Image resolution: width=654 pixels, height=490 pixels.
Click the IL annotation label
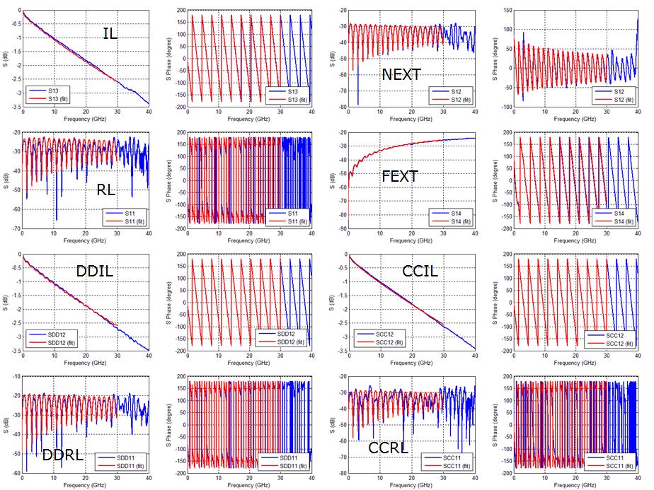(110, 33)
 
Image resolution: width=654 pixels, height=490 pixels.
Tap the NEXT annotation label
(401, 75)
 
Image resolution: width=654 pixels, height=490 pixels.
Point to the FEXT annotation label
(400, 176)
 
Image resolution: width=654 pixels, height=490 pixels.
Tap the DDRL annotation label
(62, 455)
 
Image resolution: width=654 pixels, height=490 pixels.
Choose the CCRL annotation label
(387, 447)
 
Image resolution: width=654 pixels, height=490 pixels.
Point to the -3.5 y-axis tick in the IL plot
(13, 105)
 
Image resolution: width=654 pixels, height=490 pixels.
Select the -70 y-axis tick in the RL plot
(16, 228)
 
